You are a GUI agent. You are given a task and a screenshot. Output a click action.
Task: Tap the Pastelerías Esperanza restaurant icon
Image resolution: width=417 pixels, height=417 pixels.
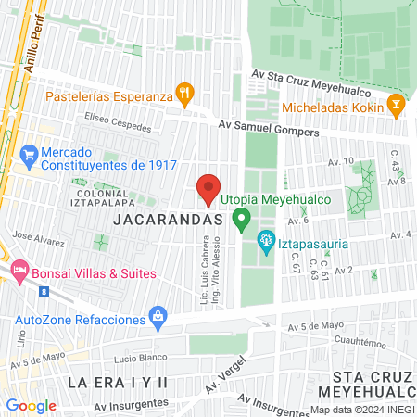pyautogui.click(x=185, y=93)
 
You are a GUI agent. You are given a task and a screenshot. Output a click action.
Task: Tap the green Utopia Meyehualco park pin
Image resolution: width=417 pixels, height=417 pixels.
pyautogui.click(x=242, y=221)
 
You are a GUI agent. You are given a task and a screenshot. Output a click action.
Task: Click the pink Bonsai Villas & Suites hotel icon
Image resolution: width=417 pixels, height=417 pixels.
pyautogui.click(x=19, y=273)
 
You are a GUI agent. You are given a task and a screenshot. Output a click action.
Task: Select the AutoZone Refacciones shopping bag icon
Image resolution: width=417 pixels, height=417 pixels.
pyautogui.click(x=158, y=318)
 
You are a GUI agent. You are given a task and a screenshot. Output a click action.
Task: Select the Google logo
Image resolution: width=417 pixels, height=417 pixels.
pyautogui.click(x=31, y=405)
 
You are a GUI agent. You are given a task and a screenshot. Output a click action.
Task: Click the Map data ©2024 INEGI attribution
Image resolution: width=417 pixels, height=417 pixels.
pyautogui.click(x=361, y=410)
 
